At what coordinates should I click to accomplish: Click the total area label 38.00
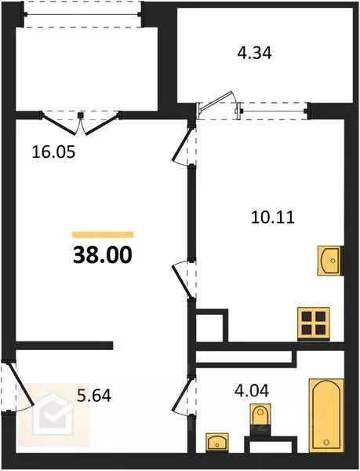click(103, 254)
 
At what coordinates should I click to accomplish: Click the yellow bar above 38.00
click(103, 234)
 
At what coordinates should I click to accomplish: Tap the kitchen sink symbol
click(330, 260)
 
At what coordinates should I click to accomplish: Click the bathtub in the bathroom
click(326, 415)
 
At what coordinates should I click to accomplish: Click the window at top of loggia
click(82, 15)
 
